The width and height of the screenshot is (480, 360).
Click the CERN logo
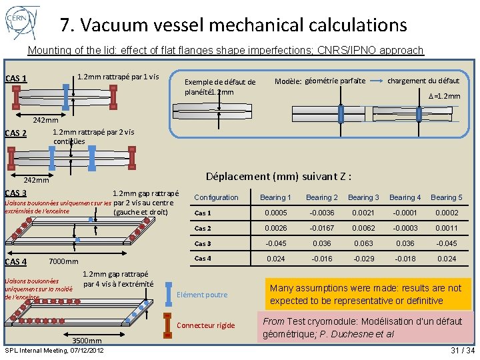point(22,23)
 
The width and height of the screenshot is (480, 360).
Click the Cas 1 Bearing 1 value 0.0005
point(275,213)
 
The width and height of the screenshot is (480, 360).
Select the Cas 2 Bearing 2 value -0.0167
point(321,228)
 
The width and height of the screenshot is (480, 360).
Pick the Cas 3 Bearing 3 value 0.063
point(363,243)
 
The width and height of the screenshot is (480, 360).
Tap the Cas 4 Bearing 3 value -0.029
point(363,259)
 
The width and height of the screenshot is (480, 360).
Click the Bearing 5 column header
point(446,197)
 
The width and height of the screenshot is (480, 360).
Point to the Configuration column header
point(216,197)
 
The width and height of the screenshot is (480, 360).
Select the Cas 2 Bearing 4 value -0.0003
point(405,228)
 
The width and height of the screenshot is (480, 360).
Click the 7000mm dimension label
point(64,261)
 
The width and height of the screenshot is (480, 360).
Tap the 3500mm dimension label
point(87,341)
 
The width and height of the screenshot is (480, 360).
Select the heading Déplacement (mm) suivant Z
point(279,177)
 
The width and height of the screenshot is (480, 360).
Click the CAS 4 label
point(16,262)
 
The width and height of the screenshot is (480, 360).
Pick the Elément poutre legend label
point(203,295)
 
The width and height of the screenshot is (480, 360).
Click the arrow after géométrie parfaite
point(377,81)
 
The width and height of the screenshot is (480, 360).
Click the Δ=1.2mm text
point(444,96)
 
